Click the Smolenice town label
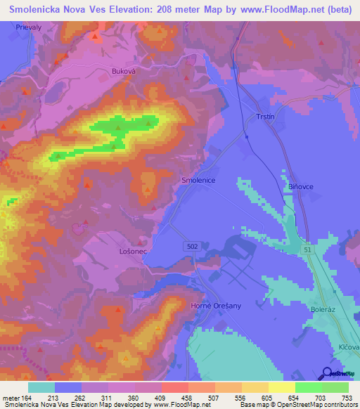[197, 180]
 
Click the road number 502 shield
[192, 246]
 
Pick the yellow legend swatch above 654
[281, 387]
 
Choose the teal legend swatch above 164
[41, 387]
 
